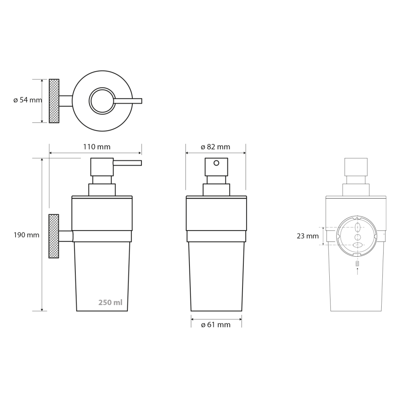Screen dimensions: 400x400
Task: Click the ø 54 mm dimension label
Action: [27, 100]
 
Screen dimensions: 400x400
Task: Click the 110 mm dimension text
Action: [96, 147]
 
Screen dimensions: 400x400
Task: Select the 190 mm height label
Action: [26, 235]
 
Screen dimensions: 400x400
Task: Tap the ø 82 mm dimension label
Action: [215, 147]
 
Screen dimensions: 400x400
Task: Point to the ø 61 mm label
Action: [216, 325]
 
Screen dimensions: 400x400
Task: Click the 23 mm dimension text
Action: [307, 236]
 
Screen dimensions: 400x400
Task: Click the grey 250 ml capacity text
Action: [110, 302]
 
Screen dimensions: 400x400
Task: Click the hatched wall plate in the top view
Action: [54, 101]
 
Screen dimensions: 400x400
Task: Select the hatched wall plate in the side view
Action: [54, 236]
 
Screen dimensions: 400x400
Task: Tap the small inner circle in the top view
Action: [102, 101]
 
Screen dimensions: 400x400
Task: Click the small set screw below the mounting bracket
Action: [357, 264]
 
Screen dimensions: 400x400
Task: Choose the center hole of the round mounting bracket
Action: [357, 237]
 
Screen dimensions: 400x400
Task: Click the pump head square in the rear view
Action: [356, 167]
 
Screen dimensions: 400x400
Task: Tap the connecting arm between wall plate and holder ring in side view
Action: [66, 236]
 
